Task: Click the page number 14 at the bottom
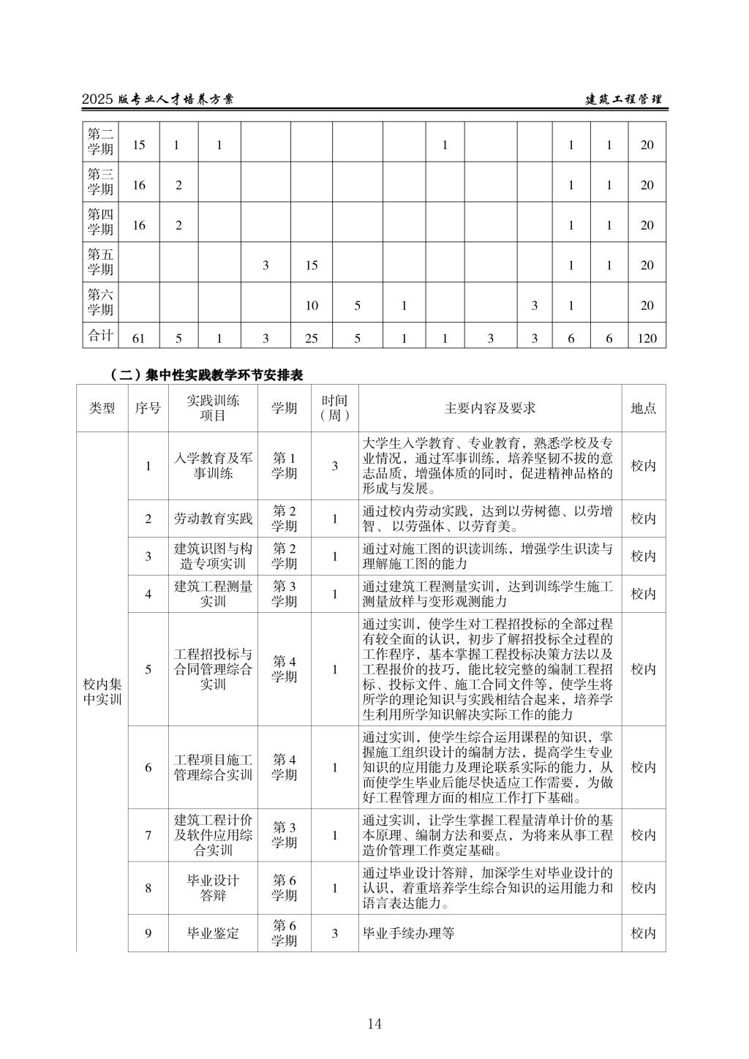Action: click(374, 1023)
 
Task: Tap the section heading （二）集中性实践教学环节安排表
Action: click(206, 374)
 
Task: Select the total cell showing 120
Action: click(647, 338)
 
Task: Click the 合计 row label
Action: click(101, 336)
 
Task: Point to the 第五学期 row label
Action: click(101, 262)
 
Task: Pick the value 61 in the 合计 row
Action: click(139, 338)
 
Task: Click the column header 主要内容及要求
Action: click(490, 408)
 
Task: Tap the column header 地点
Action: click(643, 408)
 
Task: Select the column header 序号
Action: click(148, 408)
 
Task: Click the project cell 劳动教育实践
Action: click(213, 519)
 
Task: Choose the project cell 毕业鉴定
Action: click(213, 933)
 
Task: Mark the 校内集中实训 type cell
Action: click(102, 691)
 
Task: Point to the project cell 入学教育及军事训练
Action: click(213, 466)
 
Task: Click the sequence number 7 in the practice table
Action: click(148, 834)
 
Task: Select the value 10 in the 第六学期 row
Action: click(312, 305)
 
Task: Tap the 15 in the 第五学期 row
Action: click(312, 265)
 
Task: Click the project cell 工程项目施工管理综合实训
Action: click(213, 767)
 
